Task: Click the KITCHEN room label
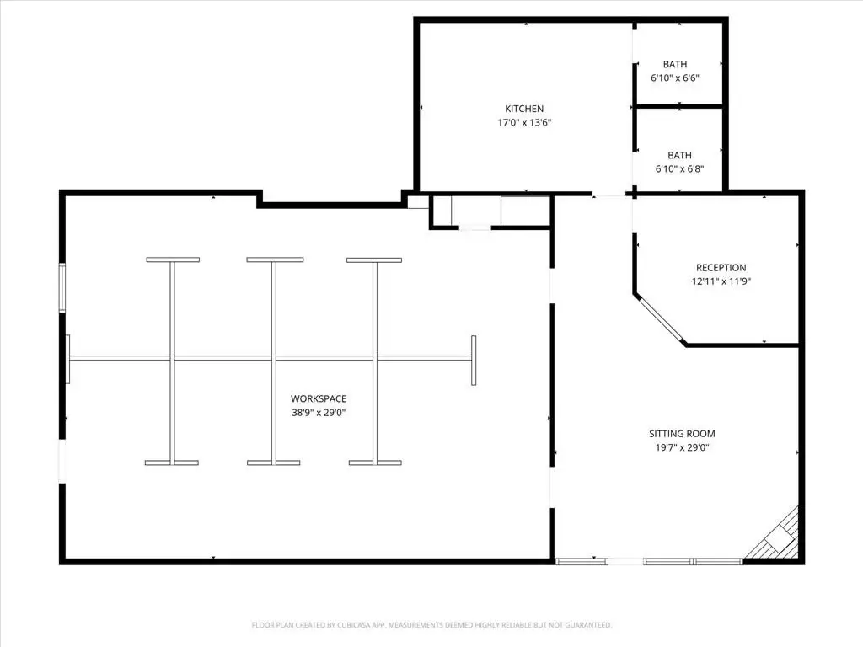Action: pyautogui.click(x=524, y=109)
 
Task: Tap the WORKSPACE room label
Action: pyautogui.click(x=319, y=398)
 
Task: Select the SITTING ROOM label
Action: pyautogui.click(x=682, y=434)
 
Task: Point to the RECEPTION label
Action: pyautogui.click(x=721, y=268)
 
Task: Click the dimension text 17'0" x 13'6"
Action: pyautogui.click(x=524, y=123)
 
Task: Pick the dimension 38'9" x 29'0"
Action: pyautogui.click(x=319, y=413)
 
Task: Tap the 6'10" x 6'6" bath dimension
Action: pyautogui.click(x=675, y=78)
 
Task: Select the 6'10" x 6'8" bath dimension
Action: pyautogui.click(x=680, y=168)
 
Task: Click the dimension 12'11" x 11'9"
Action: pyautogui.click(x=721, y=281)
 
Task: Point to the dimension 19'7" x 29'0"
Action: pyautogui.click(x=682, y=447)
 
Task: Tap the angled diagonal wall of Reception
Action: pyautogui.click(x=660, y=319)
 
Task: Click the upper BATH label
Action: pyautogui.click(x=675, y=64)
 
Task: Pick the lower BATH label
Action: pyautogui.click(x=680, y=155)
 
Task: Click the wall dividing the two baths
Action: pyautogui.click(x=679, y=105)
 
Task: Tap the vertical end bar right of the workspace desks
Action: pyautogui.click(x=474, y=361)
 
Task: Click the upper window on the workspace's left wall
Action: pyautogui.click(x=62, y=288)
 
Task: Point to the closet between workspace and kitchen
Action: pyautogui.click(x=490, y=211)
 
